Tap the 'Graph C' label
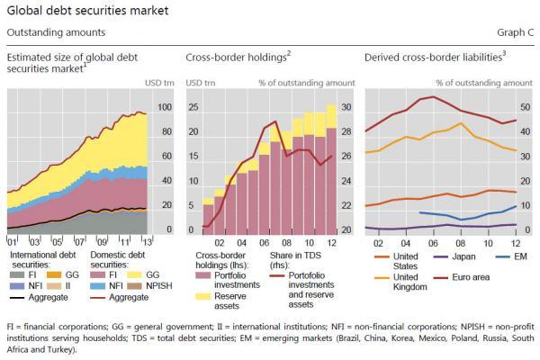tap(514, 31)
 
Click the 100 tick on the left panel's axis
tap(164, 107)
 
